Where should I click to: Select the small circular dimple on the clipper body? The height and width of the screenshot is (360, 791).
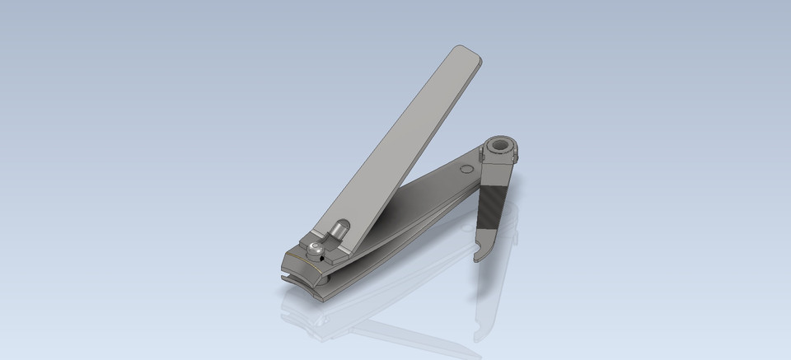click(x=466, y=170)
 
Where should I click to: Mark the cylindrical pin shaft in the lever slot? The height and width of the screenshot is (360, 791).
click(x=339, y=231)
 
